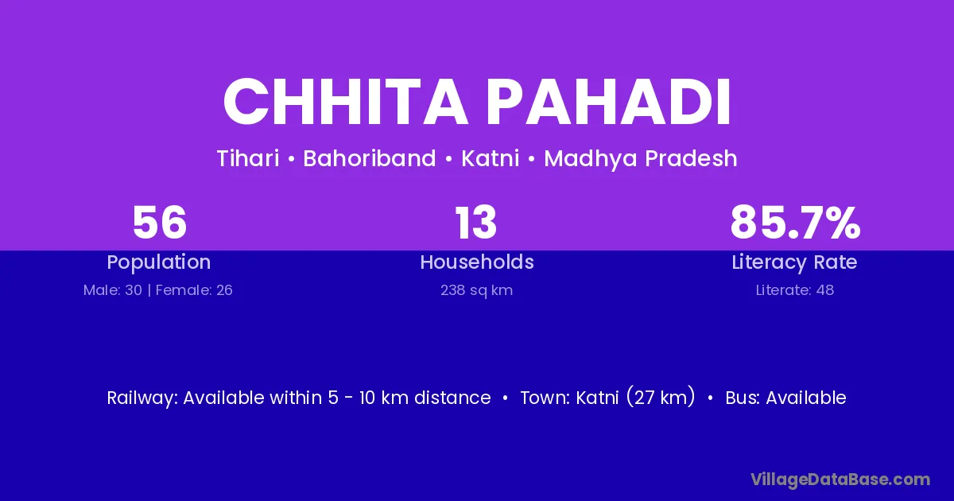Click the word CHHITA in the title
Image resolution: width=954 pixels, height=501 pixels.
tap(345, 102)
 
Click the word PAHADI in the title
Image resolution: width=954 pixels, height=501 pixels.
tap(609, 102)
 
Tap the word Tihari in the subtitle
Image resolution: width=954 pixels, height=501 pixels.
tap(248, 158)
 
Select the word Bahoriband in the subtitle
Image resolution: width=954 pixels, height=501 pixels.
tap(369, 158)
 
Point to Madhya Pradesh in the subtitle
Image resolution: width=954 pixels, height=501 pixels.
tap(641, 158)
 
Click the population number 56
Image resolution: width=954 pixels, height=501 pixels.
tap(160, 223)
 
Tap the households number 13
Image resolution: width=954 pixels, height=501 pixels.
tap(476, 223)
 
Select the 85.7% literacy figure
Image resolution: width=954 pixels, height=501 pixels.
tap(795, 223)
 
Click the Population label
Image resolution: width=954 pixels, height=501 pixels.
tap(159, 262)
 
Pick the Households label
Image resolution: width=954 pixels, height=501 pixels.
tap(477, 262)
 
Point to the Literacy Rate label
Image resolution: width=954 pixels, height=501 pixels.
tap(794, 262)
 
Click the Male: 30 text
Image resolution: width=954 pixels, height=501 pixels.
tap(113, 290)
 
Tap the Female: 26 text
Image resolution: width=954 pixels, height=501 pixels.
tap(194, 290)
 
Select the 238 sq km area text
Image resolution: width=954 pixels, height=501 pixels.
tap(476, 290)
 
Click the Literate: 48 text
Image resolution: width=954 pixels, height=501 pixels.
tap(795, 290)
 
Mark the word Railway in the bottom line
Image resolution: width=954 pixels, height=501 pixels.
tap(142, 398)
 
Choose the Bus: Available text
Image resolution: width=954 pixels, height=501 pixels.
tap(785, 398)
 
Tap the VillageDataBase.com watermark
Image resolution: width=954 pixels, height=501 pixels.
tap(840, 480)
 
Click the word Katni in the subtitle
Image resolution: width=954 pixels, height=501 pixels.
tap(491, 158)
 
